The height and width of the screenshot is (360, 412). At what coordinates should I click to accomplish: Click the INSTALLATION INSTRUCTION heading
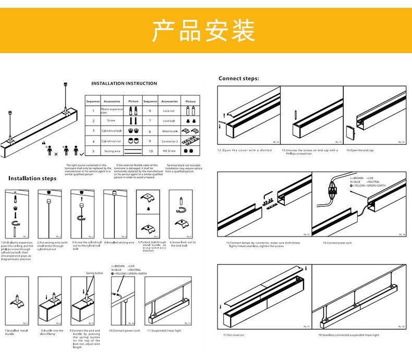(124, 83)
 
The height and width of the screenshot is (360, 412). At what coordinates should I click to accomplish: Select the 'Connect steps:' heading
(238, 79)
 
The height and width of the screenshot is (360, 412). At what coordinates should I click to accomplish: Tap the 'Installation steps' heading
(32, 178)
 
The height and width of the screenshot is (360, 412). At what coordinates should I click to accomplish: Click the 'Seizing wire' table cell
(112, 151)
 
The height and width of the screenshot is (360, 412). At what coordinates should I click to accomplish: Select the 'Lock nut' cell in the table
(169, 111)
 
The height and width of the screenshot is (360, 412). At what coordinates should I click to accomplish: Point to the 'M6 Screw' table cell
(169, 151)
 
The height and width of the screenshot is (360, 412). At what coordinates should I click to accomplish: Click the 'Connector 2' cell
(169, 141)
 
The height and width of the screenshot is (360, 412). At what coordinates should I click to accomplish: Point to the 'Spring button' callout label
(94, 273)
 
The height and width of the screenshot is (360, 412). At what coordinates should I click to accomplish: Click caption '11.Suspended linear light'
(164, 330)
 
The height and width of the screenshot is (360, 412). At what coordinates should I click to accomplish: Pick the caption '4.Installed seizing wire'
(119, 242)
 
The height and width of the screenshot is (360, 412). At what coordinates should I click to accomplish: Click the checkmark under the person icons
(81, 155)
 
